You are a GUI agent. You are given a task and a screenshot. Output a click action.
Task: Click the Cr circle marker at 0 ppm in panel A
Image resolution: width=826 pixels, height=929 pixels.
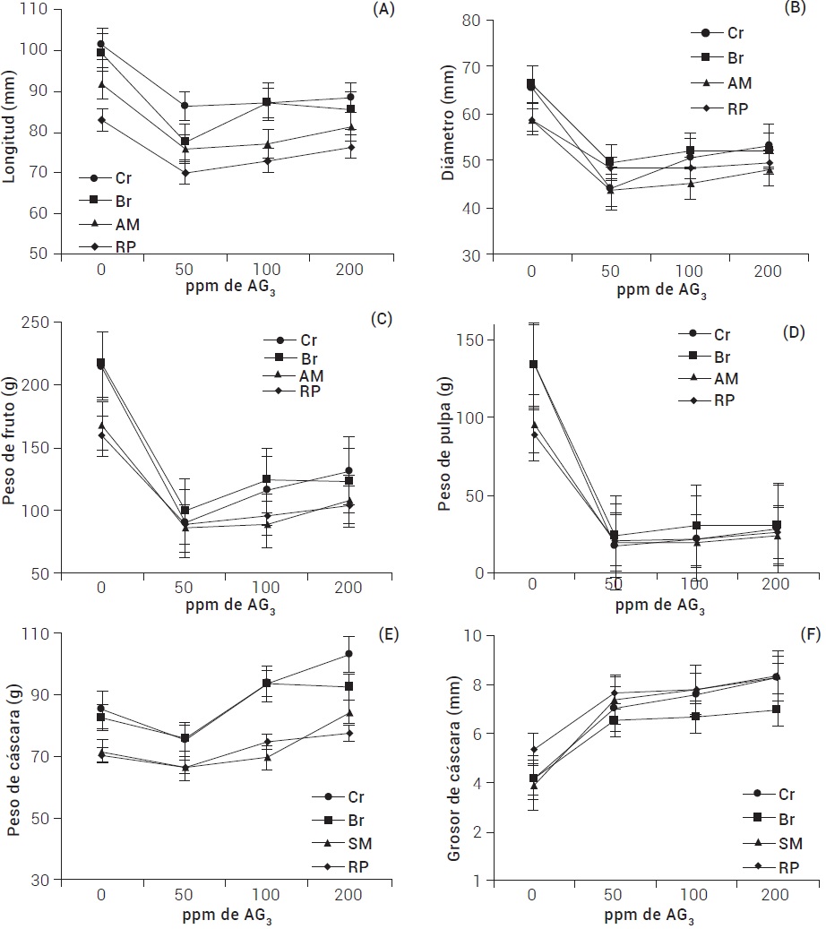point(100,44)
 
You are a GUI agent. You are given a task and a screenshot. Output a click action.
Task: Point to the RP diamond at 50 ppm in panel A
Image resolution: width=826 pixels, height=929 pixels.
point(185,173)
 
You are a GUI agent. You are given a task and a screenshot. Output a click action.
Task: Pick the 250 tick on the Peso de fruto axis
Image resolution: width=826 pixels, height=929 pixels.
point(38,322)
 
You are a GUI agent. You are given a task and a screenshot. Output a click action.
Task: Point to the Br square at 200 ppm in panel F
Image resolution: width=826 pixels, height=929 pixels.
point(776,710)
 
